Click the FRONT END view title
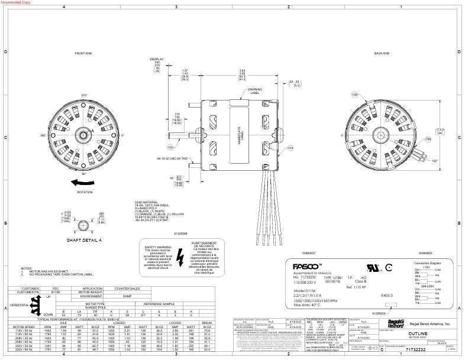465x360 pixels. [83, 53]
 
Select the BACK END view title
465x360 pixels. [382, 53]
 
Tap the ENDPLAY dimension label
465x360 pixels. [156, 59]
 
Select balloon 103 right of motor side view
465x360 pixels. [290, 148]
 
